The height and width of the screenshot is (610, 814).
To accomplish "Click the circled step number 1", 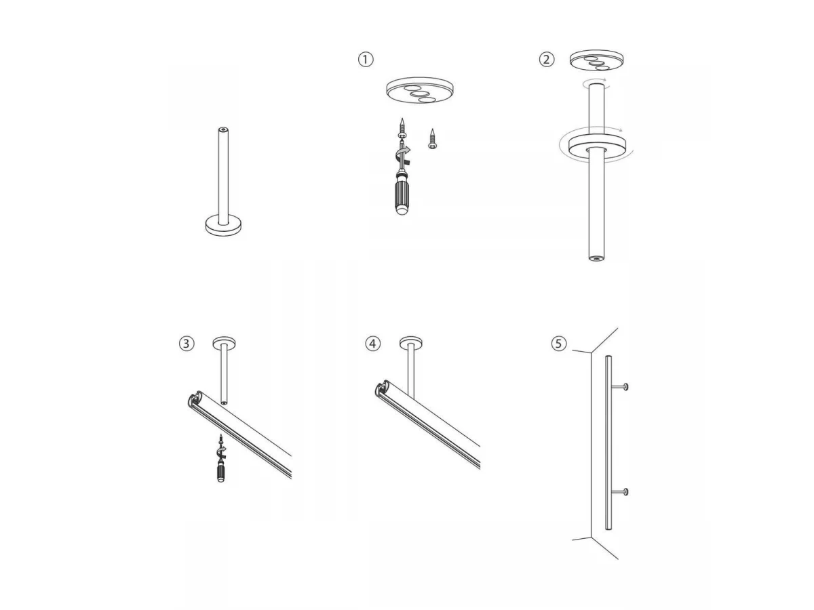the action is (365, 59).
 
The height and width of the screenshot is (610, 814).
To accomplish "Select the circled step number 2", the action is (546, 59).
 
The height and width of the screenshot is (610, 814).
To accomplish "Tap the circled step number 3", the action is (187, 344).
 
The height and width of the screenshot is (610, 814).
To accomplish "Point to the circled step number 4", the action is (372, 344).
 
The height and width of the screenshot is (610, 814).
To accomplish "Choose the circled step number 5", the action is (559, 344).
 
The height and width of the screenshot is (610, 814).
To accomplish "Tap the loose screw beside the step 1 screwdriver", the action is (432, 138).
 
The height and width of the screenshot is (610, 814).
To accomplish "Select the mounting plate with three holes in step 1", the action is (419, 90).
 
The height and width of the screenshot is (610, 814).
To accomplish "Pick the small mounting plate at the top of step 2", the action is (596, 60).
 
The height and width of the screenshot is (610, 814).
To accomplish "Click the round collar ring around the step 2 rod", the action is (597, 147).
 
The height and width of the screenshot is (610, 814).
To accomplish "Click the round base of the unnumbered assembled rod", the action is (223, 225).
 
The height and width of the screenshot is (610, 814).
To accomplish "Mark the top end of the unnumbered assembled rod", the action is (223, 129).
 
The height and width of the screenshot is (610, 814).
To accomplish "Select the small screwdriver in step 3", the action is (221, 460).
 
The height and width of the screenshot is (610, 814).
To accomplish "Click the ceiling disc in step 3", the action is (225, 342).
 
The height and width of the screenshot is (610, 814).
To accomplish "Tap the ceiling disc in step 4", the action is (411, 342).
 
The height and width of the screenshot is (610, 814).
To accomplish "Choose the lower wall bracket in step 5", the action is (620, 492).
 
